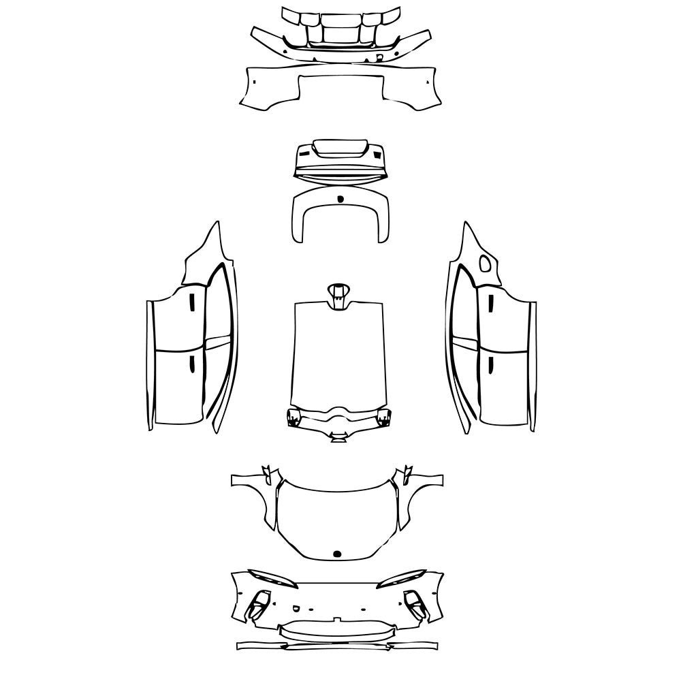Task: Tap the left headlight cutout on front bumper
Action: pyautogui.click(x=272, y=579)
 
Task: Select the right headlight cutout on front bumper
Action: pyautogui.click(x=402, y=579)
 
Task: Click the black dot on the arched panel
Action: pyautogui.click(x=340, y=199)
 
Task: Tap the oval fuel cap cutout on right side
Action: pyautogui.click(x=485, y=264)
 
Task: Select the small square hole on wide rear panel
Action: pyautogui.click(x=253, y=81)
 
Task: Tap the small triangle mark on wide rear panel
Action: pyautogui.click(x=427, y=81)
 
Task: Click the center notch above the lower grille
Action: pyautogui.click(x=336, y=619)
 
